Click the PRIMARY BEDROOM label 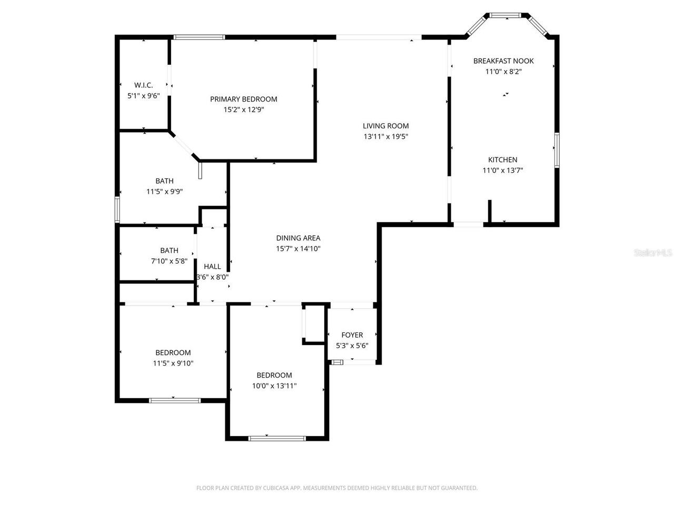243,99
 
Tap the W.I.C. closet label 143,85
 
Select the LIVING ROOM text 385,126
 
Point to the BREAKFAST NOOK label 503,61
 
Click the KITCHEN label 502,160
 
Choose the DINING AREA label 298,238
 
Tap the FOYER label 352,335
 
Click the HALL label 212,267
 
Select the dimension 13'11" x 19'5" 386,137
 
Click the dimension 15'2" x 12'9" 243,110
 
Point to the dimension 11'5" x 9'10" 173,363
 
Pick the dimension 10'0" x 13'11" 274,386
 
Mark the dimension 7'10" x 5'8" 169,261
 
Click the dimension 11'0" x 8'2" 503,72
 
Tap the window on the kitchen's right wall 556,150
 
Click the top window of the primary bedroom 199,37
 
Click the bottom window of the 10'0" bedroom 277,438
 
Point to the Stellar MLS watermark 653,253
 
